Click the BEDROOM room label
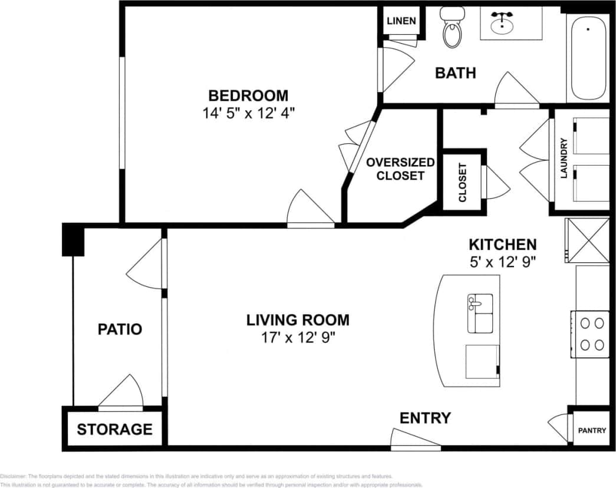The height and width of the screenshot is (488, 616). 248,95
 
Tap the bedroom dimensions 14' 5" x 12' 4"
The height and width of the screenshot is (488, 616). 248,113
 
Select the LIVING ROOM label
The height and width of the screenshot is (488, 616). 298,320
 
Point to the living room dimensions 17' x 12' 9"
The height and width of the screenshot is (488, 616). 298,338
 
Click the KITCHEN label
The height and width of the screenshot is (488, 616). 502,244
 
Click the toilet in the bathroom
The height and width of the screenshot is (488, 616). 453,29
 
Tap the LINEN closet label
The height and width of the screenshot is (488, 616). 401,21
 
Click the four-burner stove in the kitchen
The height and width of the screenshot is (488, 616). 591,334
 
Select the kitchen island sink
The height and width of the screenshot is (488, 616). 480,313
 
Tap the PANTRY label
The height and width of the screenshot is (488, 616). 591,430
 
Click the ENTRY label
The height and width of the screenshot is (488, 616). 425,418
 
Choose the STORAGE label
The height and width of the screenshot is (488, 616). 114,429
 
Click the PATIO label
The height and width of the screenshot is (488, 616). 120,329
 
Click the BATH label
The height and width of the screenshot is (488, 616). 455,73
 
